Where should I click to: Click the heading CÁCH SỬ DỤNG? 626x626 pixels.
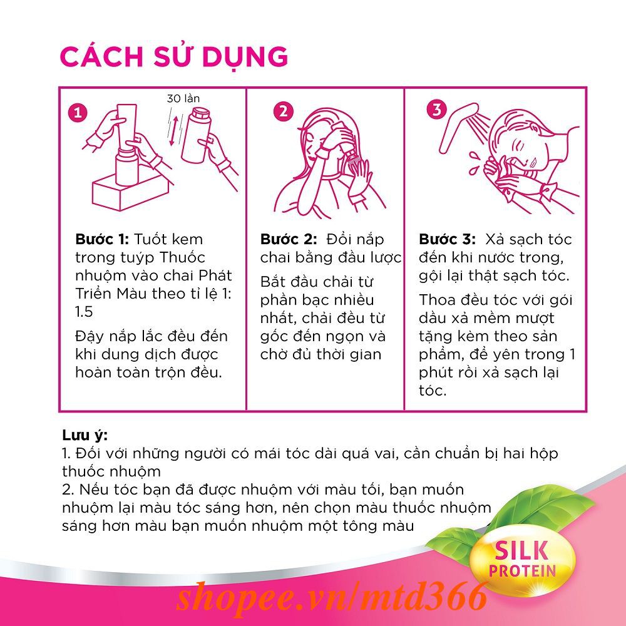(173, 56)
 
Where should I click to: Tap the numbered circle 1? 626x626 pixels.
(77, 113)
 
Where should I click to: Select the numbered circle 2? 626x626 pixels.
(283, 111)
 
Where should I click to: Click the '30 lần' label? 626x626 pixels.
(183, 98)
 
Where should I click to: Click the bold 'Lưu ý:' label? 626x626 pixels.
(85, 435)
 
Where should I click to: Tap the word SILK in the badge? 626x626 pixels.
(522, 550)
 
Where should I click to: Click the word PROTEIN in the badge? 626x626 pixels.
(522, 570)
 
